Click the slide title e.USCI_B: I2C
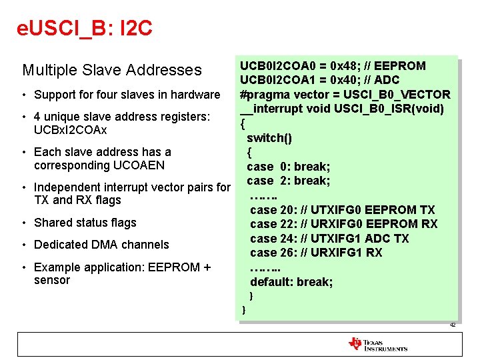(x=85, y=29)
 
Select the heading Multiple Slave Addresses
(x=111, y=70)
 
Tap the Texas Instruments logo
(x=377, y=344)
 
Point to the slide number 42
(x=452, y=325)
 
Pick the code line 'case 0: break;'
(x=288, y=167)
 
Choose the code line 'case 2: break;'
(x=288, y=181)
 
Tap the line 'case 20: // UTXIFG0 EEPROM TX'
(x=342, y=210)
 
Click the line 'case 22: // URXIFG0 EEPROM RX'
(x=343, y=224)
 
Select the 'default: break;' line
(x=291, y=282)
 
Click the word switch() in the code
(x=269, y=138)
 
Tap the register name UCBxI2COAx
(x=70, y=129)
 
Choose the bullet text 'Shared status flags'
(x=85, y=223)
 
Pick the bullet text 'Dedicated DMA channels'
(x=101, y=245)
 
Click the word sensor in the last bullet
(x=51, y=280)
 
